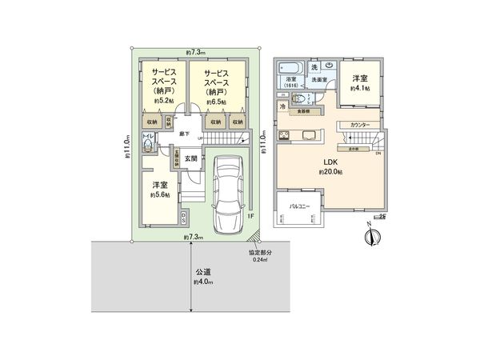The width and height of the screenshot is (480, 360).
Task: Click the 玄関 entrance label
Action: click(191, 158)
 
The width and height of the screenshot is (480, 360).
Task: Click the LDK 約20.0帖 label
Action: click(330, 167)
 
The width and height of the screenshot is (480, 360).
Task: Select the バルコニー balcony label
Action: click(300, 206)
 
